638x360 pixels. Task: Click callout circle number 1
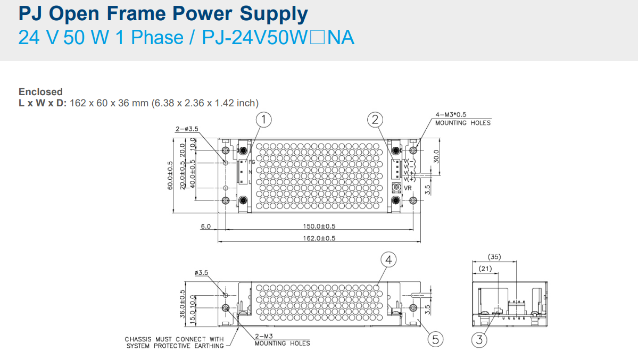tap(263, 120)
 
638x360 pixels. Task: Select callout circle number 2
tap(376, 120)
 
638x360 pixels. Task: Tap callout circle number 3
tap(479, 339)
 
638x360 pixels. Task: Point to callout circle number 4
tap(389, 259)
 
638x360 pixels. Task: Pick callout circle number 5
tap(435, 339)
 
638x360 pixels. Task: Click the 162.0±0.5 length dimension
tap(319, 238)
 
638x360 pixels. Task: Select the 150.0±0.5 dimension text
tap(319, 226)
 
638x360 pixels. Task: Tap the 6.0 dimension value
tap(205, 226)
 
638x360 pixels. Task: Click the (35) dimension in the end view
tap(494, 256)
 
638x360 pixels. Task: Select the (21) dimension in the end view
tap(485, 269)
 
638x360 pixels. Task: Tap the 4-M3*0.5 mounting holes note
tap(462, 119)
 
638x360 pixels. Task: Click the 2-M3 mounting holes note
tap(282, 340)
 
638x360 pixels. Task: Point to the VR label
tap(408, 188)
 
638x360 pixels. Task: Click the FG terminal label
tap(252, 162)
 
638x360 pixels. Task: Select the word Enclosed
tap(40, 91)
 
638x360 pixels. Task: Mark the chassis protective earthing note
tap(175, 342)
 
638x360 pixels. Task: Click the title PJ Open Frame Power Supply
tap(163, 14)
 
